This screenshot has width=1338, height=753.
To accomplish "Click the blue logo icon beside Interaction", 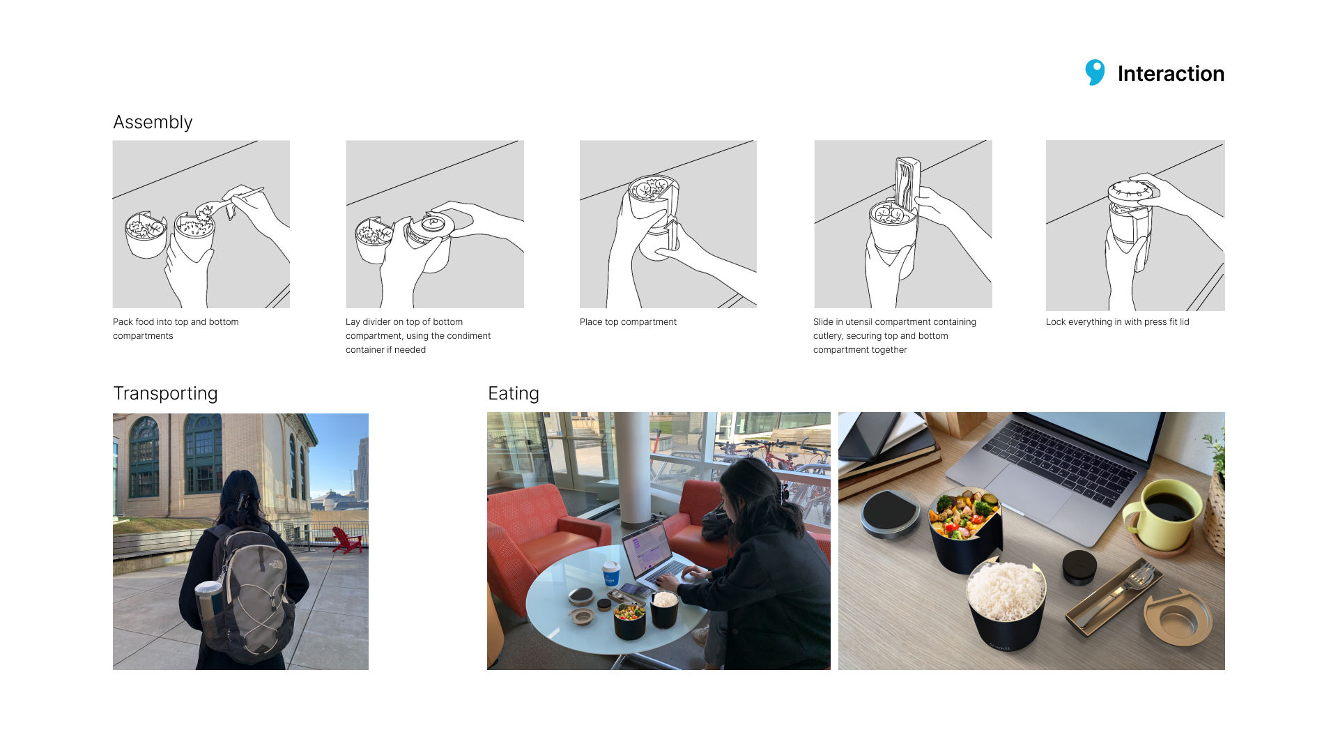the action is (1095, 73).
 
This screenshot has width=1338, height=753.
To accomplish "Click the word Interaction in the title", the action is (1171, 73).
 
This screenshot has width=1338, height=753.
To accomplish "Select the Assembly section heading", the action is (153, 122).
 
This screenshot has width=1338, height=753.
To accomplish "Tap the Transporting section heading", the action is (165, 393).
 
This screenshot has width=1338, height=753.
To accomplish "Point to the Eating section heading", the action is (514, 393).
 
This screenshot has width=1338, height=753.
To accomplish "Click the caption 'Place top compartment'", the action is (628, 321).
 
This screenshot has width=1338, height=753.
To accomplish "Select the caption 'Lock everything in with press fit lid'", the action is (1117, 321).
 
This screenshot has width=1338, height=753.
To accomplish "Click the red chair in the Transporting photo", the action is (346, 540).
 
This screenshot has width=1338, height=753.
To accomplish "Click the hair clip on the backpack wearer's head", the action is (243, 500).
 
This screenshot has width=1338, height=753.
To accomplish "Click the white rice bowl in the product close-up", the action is (1006, 603).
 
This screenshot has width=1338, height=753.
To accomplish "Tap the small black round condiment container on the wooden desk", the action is (1079, 567).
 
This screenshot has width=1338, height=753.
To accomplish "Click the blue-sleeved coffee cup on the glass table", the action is (611, 574).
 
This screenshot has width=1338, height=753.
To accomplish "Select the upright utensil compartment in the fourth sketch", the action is (907, 186).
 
